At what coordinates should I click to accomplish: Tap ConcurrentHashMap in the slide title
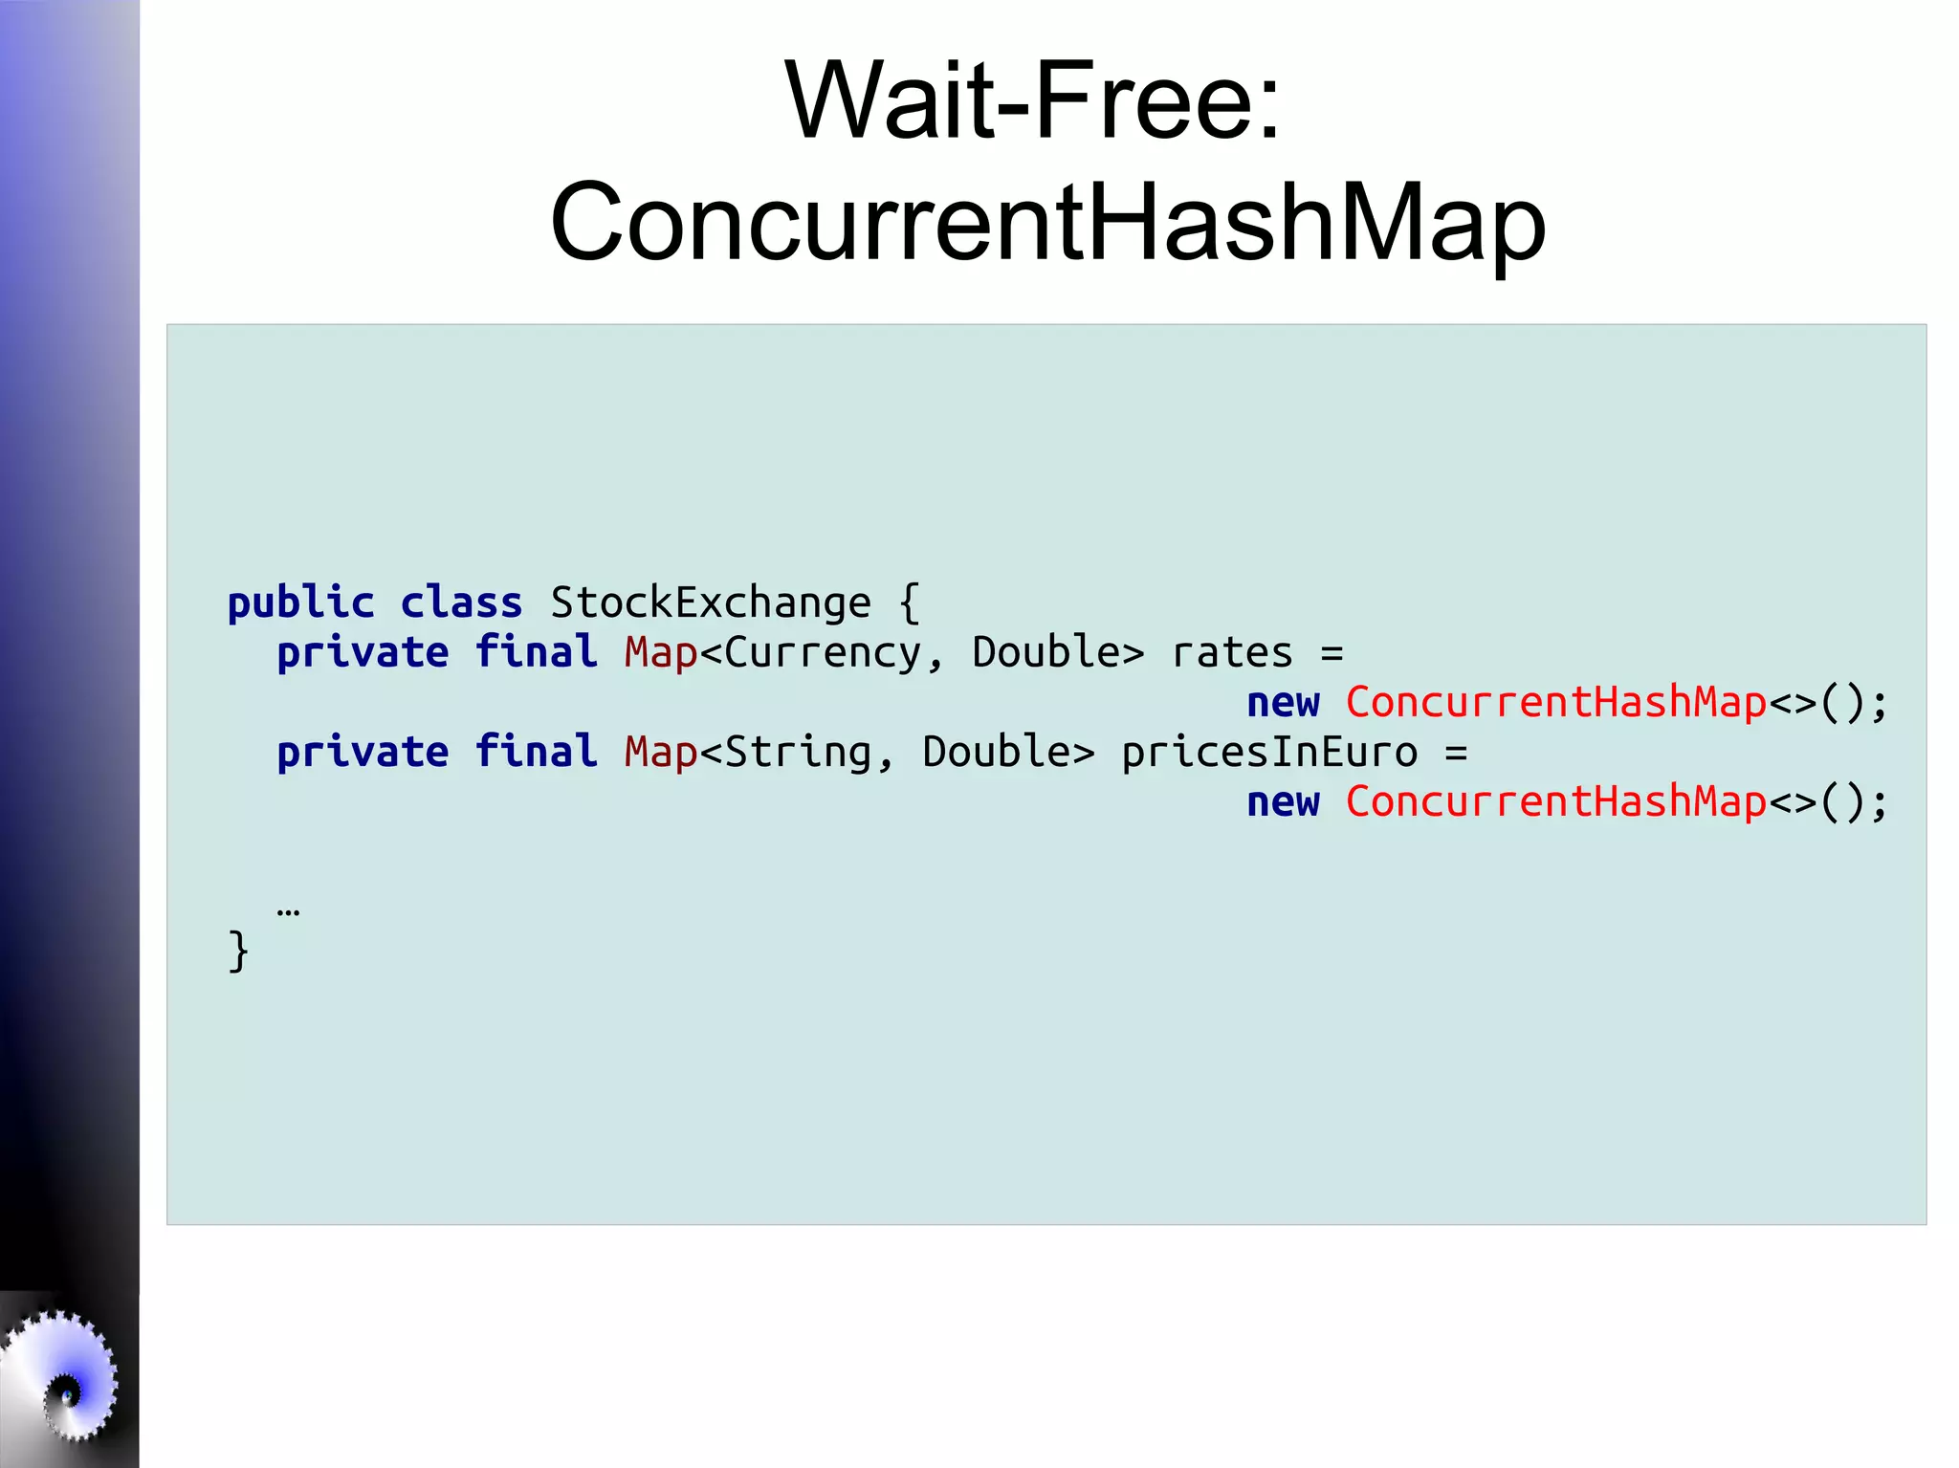1047,222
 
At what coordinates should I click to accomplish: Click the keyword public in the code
300,603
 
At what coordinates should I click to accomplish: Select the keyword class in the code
461,603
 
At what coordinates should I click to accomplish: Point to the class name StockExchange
711,603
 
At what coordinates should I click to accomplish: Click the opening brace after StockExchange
910,603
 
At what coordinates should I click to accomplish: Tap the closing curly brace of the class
238,951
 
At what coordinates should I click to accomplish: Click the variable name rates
1232,652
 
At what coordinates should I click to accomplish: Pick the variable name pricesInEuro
1269,752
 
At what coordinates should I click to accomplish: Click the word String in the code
798,752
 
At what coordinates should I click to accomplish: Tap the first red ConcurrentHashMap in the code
1555,702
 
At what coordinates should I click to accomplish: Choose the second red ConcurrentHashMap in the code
1555,801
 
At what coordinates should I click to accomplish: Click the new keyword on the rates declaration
1283,702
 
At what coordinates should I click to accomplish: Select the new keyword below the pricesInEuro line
1283,801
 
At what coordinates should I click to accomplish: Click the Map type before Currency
661,652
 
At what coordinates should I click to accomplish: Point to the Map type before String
661,752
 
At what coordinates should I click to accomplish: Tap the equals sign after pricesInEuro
1456,752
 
